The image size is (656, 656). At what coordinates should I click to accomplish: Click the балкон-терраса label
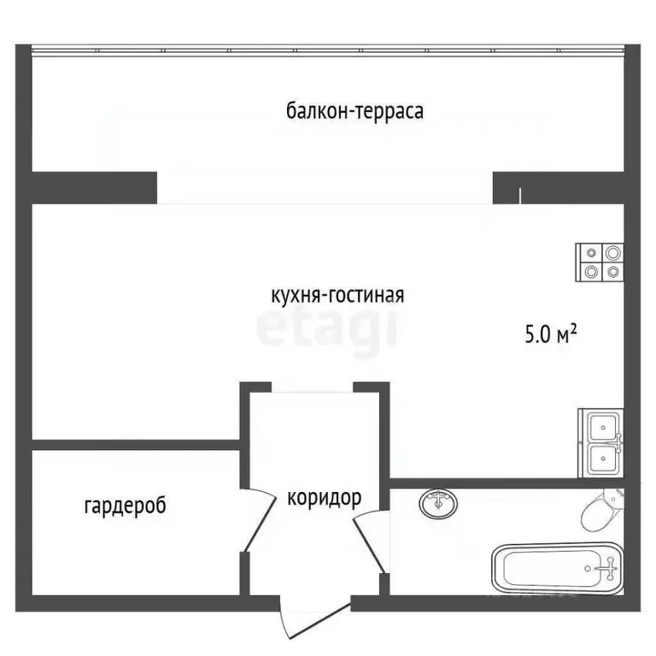point(354,112)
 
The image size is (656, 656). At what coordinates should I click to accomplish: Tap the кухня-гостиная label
point(337,296)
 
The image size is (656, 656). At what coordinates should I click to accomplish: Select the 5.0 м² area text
point(550,335)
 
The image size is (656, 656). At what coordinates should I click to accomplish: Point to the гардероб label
point(125,506)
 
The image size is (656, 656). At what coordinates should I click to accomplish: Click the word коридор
point(323,498)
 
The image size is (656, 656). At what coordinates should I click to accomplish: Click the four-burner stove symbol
point(600,263)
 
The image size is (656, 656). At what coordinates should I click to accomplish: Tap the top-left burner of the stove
point(590,253)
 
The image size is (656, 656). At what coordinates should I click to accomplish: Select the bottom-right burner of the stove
point(612,273)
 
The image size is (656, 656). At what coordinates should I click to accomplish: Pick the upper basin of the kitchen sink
point(603,426)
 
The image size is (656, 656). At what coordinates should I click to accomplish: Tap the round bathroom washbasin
point(438,504)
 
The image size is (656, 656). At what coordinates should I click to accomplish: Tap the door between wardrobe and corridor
point(253,521)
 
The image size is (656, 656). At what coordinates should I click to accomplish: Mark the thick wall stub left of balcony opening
point(94,187)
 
